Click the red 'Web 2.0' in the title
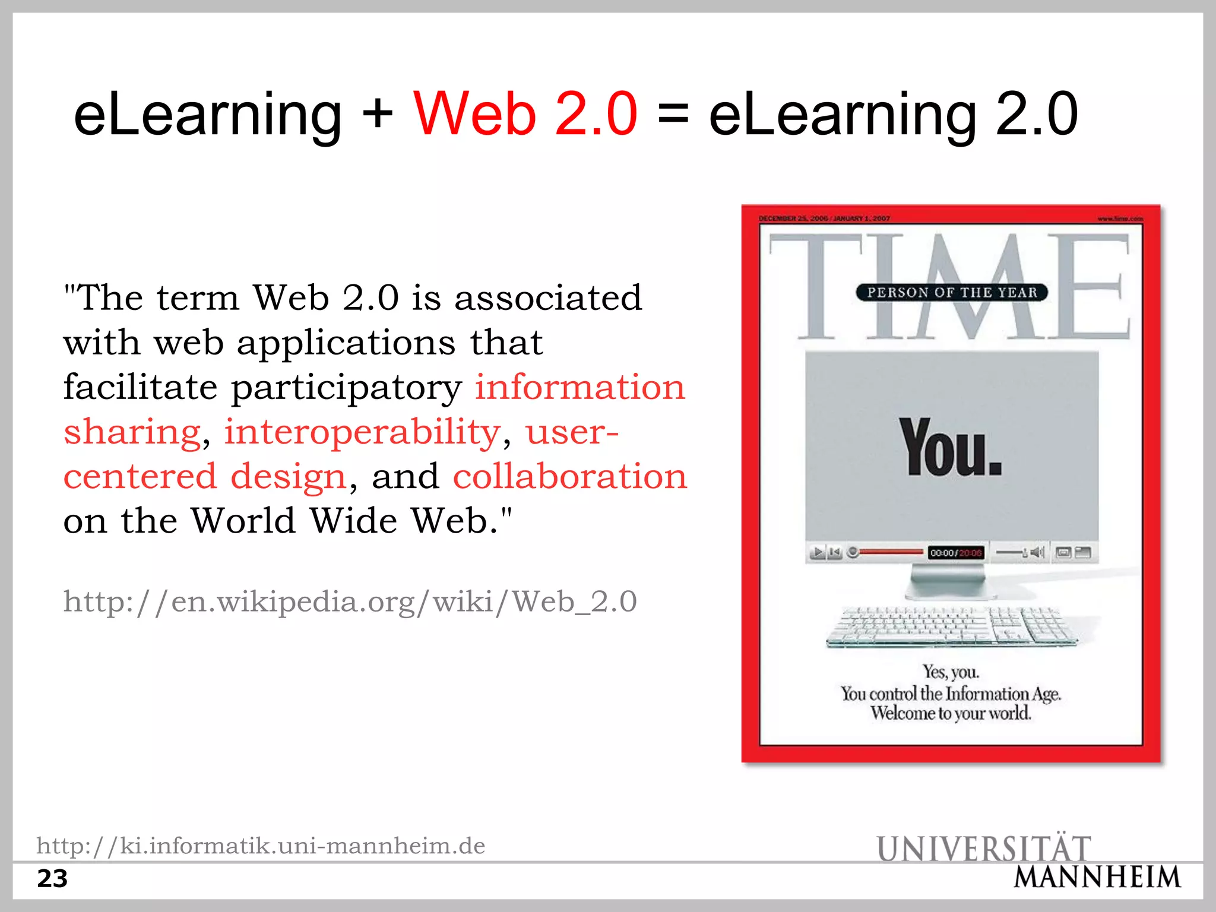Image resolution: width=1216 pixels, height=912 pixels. pyautogui.click(x=525, y=114)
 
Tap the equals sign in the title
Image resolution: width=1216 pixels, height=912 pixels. pyautogui.click(x=673, y=114)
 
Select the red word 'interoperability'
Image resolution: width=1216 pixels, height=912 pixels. pyautogui.click(x=362, y=432)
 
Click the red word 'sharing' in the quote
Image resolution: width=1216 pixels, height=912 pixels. pyautogui.click(x=132, y=432)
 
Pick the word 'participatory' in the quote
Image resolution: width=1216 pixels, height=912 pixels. pyautogui.click(x=346, y=388)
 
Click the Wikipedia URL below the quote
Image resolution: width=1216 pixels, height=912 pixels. pyautogui.click(x=350, y=601)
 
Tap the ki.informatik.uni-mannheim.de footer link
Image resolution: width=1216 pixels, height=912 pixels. pyautogui.click(x=261, y=845)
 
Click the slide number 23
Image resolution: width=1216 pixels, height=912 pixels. pyautogui.click(x=52, y=879)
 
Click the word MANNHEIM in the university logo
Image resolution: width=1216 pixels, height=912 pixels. pyautogui.click(x=1097, y=878)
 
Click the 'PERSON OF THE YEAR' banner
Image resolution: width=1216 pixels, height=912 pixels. pyautogui.click(x=952, y=293)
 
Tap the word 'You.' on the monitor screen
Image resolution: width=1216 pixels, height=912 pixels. pyautogui.click(x=950, y=448)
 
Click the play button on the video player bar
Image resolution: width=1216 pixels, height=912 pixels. pyautogui.click(x=818, y=553)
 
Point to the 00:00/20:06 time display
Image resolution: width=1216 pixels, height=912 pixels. pyautogui.click(x=956, y=553)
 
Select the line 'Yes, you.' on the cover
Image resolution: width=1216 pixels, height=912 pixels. pyautogui.click(x=951, y=672)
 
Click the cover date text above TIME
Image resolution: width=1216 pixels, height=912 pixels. pyautogui.click(x=824, y=218)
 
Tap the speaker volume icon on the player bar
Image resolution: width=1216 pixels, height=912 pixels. pyautogui.click(x=1037, y=553)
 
